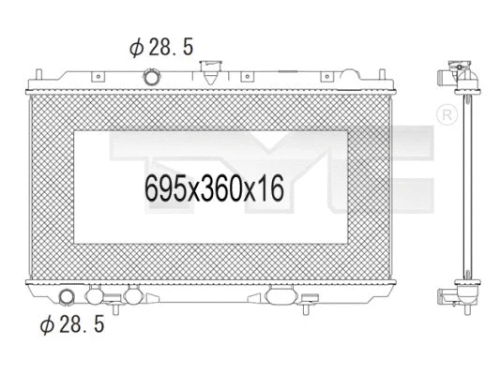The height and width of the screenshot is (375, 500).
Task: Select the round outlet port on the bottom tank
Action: point(68,299)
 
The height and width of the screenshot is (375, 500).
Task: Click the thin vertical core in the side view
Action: point(462,187)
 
